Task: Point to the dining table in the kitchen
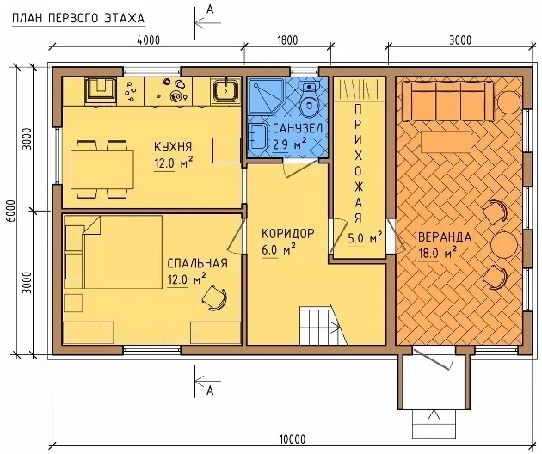[x=102, y=169]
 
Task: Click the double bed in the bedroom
[x=122, y=252]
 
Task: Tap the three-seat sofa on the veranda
[x=448, y=101]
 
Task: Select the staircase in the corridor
[x=323, y=325]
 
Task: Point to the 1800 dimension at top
[x=287, y=40]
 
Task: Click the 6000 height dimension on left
[x=11, y=212]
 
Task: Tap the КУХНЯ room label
[x=173, y=147]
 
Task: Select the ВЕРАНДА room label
[x=445, y=237]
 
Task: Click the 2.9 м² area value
[x=289, y=144]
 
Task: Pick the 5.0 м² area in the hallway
[x=365, y=238]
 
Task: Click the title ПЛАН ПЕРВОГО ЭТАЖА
[x=78, y=18]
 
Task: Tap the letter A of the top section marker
[x=210, y=10]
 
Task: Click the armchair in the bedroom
[x=215, y=298]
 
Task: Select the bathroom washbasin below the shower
[x=257, y=138]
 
